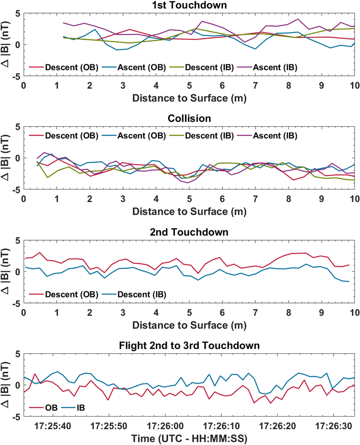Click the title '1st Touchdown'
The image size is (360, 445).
click(x=189, y=5)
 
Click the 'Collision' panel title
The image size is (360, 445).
click(x=189, y=118)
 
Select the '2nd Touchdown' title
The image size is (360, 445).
click(x=189, y=232)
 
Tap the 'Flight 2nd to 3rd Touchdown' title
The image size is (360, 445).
click(x=189, y=345)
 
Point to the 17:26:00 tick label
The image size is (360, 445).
click(x=165, y=426)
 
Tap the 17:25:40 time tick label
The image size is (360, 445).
click(x=53, y=426)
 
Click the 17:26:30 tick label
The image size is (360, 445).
click(x=333, y=426)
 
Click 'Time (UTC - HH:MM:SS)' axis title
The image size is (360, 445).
click(x=189, y=439)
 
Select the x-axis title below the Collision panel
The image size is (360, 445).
click(x=189, y=212)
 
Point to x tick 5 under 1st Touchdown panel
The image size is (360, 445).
click(x=189, y=85)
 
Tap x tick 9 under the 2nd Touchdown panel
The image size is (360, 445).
click(x=321, y=312)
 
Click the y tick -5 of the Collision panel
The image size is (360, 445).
click(x=16, y=190)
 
